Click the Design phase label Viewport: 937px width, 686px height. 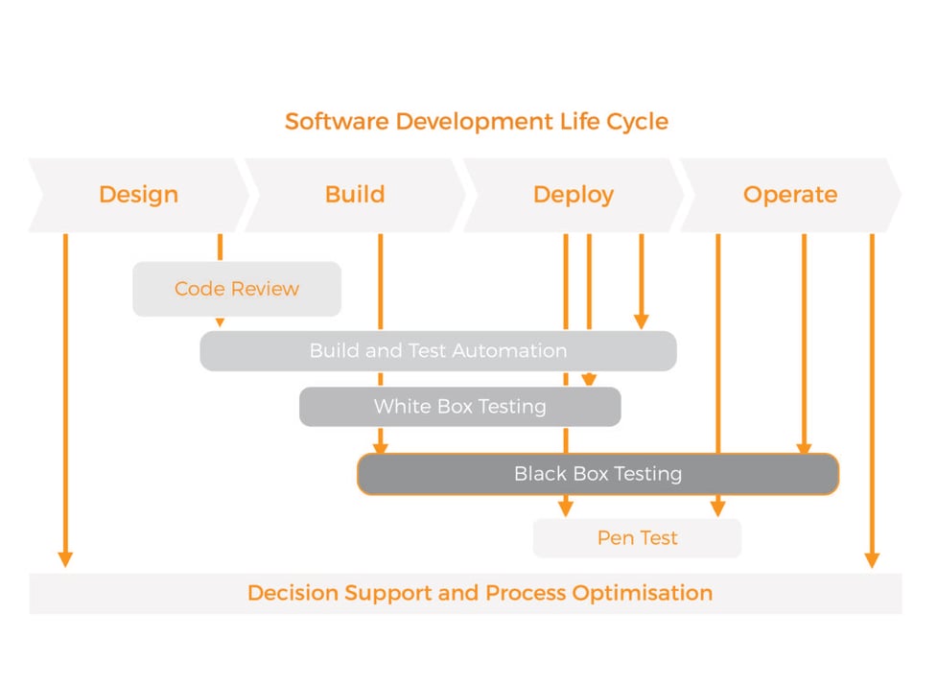click(x=138, y=195)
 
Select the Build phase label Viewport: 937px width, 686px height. click(x=355, y=195)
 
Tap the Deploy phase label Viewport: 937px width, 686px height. click(x=573, y=195)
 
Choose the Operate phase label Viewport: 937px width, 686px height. click(x=789, y=195)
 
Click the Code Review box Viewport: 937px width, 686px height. click(x=237, y=289)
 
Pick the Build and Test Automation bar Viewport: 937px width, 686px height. click(x=437, y=351)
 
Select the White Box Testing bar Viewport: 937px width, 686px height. click(x=459, y=407)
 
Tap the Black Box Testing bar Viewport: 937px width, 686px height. click(x=597, y=474)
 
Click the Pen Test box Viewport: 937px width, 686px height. click(x=637, y=538)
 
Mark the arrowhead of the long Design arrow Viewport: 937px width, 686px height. click(x=65, y=558)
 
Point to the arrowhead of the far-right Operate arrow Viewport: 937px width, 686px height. click(x=872, y=558)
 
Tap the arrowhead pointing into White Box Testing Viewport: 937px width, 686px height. click(x=589, y=380)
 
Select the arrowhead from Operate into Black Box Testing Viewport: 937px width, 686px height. click(x=804, y=447)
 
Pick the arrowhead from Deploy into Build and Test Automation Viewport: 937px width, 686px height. click(x=642, y=321)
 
